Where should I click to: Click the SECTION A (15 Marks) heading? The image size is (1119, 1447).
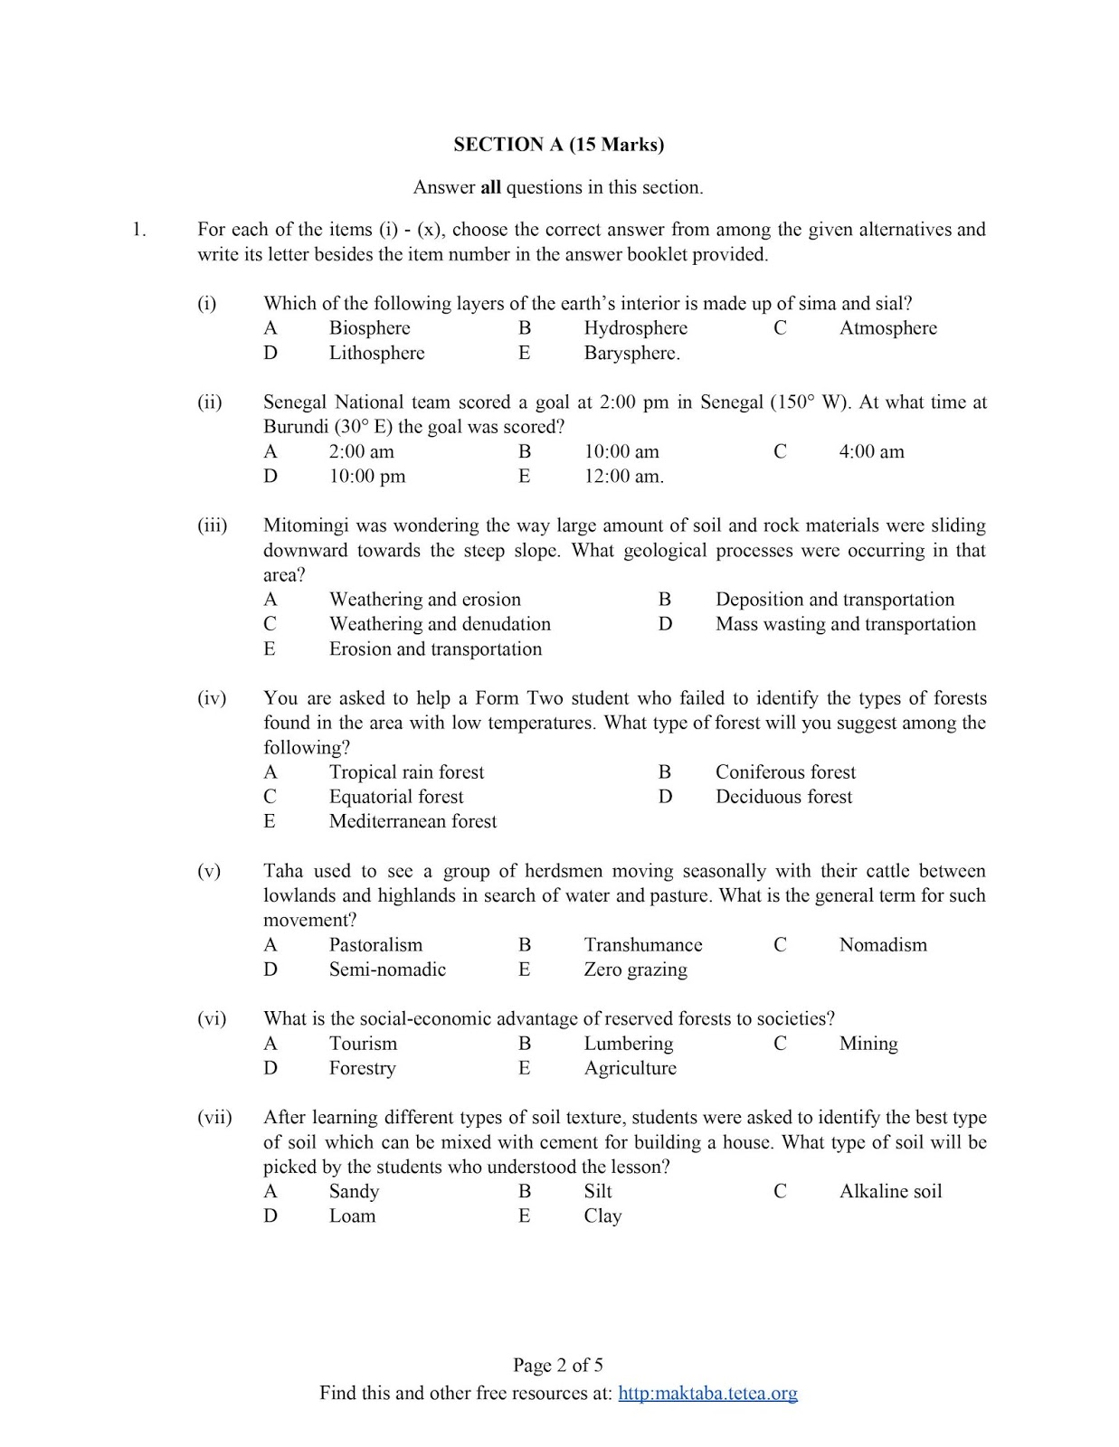(558, 144)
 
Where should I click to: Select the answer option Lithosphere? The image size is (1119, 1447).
(376, 353)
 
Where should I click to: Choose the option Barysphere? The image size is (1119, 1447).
(631, 353)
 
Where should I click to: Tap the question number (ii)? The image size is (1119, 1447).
(210, 402)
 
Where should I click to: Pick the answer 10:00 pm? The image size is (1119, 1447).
(367, 476)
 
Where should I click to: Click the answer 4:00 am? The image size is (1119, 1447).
(871, 451)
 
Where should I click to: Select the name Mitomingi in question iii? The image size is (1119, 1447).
(305, 525)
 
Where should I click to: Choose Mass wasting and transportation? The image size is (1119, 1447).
(845, 624)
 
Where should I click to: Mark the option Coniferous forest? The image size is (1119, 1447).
(785, 772)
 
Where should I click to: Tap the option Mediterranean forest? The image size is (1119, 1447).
(413, 821)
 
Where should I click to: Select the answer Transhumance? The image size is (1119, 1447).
(642, 945)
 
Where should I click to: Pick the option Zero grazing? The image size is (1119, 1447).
(635, 969)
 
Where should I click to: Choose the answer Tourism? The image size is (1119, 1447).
(363, 1044)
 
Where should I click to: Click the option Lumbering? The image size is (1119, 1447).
(628, 1044)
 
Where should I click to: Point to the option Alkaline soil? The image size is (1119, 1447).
(890, 1191)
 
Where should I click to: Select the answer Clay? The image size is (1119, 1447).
(602, 1216)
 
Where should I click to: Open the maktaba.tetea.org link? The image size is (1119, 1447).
(707, 1393)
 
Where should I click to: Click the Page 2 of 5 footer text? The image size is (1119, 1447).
(558, 1365)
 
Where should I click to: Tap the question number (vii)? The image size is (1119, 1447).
(214, 1118)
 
